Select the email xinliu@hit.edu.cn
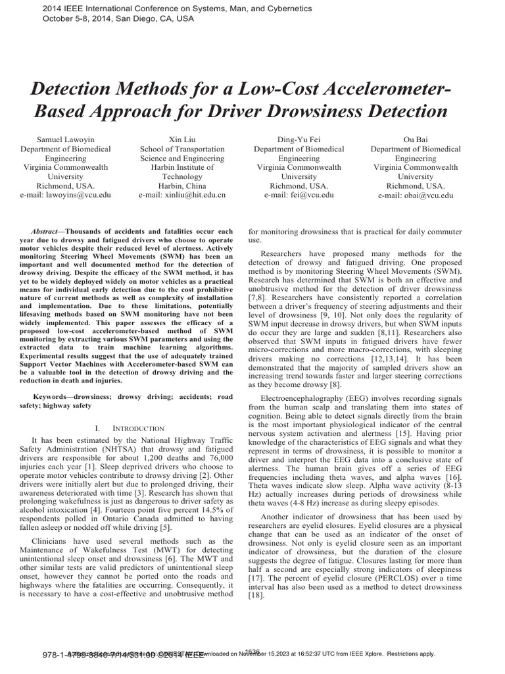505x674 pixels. [182, 195]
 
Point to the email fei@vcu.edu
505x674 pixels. [299, 195]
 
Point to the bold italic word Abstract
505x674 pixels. [45, 232]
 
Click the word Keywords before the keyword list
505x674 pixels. [51, 397]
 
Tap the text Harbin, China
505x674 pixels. [182, 186]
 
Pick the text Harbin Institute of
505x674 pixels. [182, 167]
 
